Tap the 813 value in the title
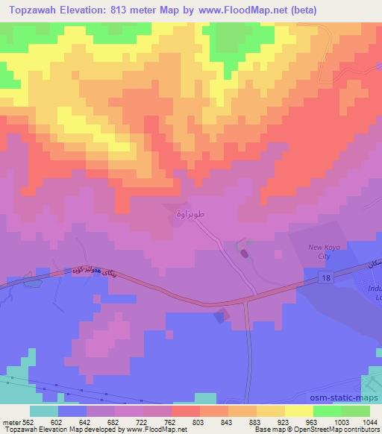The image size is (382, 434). pyautogui.click(x=133, y=10)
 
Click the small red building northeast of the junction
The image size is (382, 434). pyautogui.click(x=245, y=255)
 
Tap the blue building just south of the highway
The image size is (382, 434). pyautogui.click(x=219, y=317)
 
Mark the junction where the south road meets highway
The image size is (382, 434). pyautogui.click(x=247, y=301)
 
